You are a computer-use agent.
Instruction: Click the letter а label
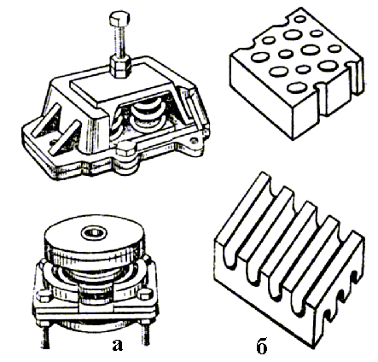[117, 345]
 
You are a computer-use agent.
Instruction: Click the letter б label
[261, 346]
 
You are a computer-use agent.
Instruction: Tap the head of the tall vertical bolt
[119, 19]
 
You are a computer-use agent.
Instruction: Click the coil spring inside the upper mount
[147, 115]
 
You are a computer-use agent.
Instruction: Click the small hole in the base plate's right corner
[195, 140]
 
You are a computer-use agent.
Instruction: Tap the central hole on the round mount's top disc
[94, 233]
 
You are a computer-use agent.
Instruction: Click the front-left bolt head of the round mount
[44, 296]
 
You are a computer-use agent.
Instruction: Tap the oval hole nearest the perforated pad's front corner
[296, 87]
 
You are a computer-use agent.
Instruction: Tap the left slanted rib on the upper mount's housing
[45, 120]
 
